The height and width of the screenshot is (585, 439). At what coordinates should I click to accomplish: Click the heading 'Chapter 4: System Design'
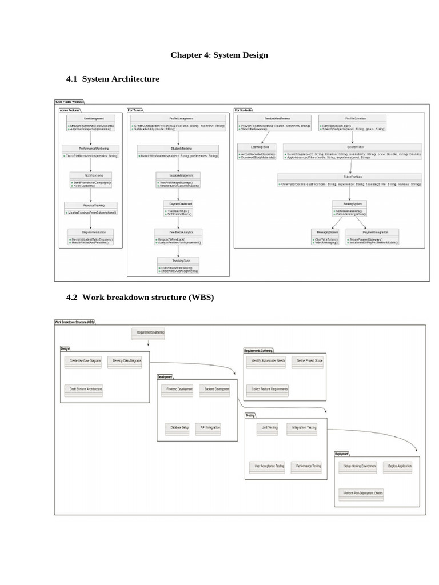(219, 55)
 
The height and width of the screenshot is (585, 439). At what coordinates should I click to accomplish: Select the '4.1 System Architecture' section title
(113, 79)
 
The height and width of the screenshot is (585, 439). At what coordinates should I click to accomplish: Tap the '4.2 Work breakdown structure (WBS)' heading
(140, 298)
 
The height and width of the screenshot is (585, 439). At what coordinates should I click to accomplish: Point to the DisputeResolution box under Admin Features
(90, 237)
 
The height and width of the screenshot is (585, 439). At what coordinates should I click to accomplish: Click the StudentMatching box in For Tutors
(178, 151)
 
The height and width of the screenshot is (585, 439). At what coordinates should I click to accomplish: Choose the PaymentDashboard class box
(178, 208)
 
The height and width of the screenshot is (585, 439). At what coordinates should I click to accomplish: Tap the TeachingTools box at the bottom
(178, 265)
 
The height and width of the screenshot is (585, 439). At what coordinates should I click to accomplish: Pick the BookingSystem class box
(350, 208)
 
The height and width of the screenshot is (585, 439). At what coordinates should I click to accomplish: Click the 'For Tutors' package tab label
(135, 110)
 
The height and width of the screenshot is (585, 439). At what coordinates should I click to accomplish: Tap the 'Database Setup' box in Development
(178, 428)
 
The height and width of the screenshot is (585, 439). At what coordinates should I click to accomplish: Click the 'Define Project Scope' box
(310, 362)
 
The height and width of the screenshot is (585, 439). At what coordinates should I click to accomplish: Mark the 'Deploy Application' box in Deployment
(401, 467)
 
